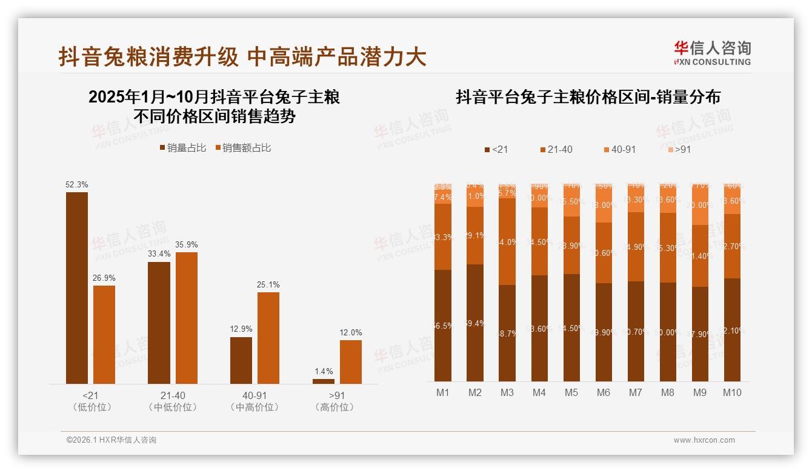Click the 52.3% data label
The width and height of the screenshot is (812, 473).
[x=76, y=184]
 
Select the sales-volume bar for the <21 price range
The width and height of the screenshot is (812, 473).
[x=77, y=287]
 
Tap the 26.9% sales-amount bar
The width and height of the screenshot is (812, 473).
[x=104, y=334]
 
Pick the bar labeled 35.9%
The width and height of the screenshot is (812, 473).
[x=187, y=317]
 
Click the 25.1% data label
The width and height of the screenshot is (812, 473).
[x=268, y=284]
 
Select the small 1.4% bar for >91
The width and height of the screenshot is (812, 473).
[x=323, y=381]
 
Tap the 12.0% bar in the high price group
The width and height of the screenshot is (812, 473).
[x=350, y=361]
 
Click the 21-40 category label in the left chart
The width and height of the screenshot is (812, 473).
[x=173, y=395]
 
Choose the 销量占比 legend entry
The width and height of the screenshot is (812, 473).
[x=182, y=147]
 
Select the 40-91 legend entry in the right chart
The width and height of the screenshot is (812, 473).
[x=619, y=149]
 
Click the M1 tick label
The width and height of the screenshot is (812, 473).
[x=443, y=392]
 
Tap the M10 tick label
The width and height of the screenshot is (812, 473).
[x=732, y=392]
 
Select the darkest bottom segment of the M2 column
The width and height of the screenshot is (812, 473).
[x=475, y=323]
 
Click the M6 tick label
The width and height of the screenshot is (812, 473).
[x=604, y=392]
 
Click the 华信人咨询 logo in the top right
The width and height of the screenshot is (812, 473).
[x=712, y=53]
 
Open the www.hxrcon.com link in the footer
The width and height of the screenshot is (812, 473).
[x=704, y=440]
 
